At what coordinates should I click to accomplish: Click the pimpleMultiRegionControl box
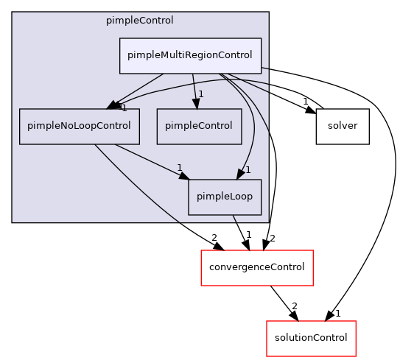tap(190, 55)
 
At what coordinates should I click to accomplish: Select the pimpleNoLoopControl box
tap(79, 126)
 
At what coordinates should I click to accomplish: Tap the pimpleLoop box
tap(225, 197)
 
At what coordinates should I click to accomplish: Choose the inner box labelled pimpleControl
tap(199, 126)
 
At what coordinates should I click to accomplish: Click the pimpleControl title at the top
tap(140, 21)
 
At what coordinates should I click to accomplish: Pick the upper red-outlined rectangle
tap(256, 268)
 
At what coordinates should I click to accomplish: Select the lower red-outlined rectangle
tap(311, 339)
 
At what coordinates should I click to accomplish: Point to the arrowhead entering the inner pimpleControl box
tap(196, 104)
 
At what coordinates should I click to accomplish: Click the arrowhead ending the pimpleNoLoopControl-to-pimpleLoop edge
tap(183, 175)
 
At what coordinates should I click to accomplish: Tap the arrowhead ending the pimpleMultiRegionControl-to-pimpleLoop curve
tap(239, 174)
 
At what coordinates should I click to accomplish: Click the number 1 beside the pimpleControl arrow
tap(200, 94)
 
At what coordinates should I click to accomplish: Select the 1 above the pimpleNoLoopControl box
tap(124, 108)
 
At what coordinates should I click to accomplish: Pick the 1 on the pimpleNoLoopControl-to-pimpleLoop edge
tap(179, 167)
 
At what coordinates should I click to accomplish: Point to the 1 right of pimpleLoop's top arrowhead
tap(248, 170)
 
